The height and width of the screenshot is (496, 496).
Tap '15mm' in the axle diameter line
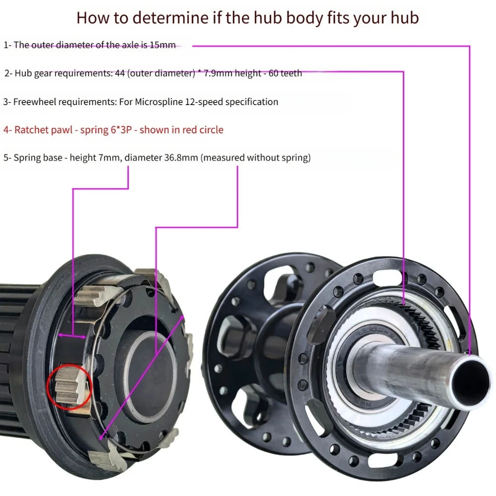164,45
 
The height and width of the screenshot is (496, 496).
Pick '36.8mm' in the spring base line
181,158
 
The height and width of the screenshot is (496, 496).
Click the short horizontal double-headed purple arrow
73,337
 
